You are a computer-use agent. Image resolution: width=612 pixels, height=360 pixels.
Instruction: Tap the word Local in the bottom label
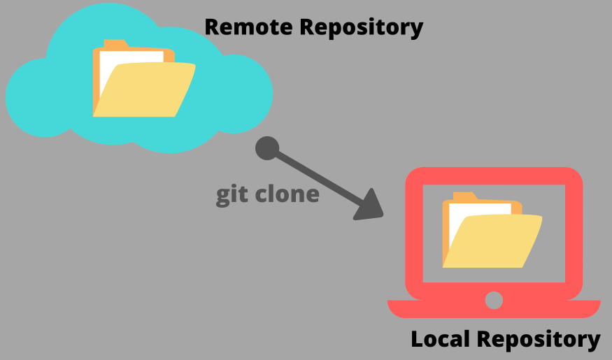440,340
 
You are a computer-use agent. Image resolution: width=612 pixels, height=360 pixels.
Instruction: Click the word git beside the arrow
229,194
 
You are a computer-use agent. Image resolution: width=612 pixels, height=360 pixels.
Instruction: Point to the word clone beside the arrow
285,194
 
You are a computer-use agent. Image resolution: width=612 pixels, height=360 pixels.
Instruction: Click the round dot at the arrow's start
267,148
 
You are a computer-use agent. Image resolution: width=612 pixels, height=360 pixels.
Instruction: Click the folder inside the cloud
143,87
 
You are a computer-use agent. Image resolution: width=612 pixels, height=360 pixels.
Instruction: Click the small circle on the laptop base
494,301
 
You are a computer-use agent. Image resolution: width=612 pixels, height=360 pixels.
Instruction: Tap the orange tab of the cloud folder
116,44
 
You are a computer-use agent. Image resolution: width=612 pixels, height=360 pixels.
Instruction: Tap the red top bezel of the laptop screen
494,175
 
